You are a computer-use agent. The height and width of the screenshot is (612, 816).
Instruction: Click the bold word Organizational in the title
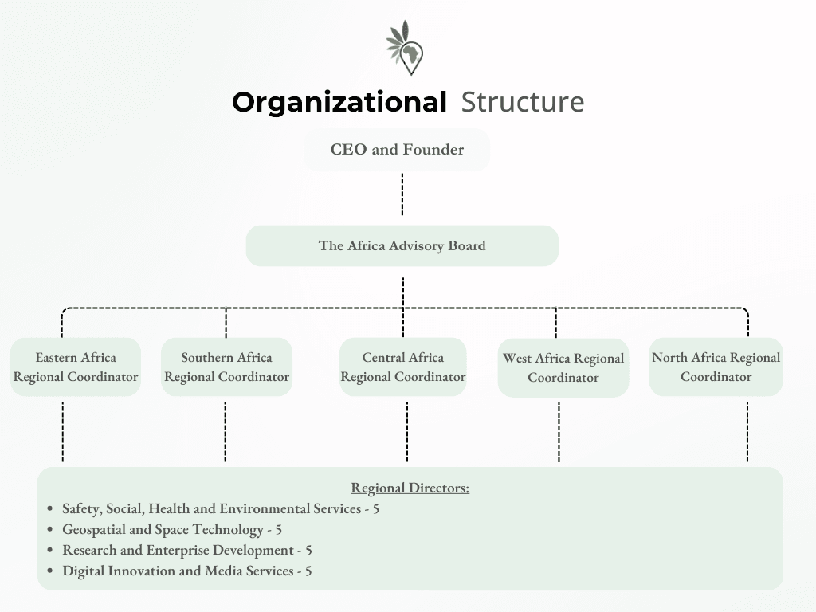(x=339, y=103)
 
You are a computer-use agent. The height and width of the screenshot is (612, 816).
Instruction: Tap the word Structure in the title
(x=522, y=103)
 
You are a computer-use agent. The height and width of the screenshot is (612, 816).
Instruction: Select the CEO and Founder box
(x=397, y=150)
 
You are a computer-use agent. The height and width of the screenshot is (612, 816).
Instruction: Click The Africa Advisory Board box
(x=402, y=245)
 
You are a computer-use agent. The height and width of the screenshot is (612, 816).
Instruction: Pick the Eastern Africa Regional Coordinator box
(x=76, y=367)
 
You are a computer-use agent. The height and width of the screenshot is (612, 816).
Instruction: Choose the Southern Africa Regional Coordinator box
(x=226, y=367)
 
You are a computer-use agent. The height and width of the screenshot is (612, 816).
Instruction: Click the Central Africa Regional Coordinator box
(x=402, y=367)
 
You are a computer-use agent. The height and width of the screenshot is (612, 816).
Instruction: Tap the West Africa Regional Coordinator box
(x=563, y=368)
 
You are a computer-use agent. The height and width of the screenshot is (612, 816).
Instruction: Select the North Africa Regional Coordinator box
(x=716, y=367)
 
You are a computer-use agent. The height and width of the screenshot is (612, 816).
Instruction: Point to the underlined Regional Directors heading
(x=410, y=488)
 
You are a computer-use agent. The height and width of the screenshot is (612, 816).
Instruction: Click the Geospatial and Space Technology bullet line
(x=171, y=529)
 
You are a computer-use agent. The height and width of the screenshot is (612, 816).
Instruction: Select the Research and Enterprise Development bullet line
(x=186, y=550)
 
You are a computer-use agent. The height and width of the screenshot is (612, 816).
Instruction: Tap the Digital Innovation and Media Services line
(x=186, y=571)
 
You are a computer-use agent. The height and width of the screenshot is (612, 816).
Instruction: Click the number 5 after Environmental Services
(x=375, y=508)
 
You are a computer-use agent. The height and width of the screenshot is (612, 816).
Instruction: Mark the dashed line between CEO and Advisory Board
(x=402, y=194)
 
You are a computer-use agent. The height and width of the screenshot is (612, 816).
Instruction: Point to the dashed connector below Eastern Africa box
(x=63, y=431)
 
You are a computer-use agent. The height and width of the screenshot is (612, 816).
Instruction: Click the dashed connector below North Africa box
(x=747, y=431)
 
